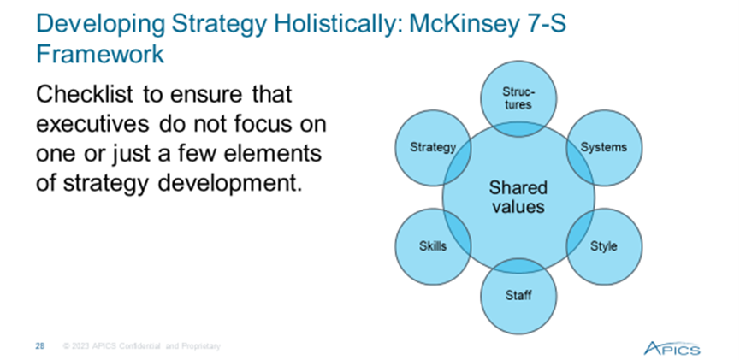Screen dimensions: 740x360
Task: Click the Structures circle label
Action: pos(518,98)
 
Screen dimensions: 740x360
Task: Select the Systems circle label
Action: pos(604,147)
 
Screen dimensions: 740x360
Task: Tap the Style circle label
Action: pos(604,246)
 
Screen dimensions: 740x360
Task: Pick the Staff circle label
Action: pos(518,295)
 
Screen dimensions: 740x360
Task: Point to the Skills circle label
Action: pos(433,245)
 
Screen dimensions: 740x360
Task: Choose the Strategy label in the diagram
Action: pos(433,147)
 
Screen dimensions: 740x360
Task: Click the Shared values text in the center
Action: pos(518,198)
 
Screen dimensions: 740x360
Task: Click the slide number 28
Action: pos(40,347)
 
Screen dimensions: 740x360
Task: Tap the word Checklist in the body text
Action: pos(85,94)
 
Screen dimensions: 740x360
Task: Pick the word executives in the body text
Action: pos(93,124)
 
